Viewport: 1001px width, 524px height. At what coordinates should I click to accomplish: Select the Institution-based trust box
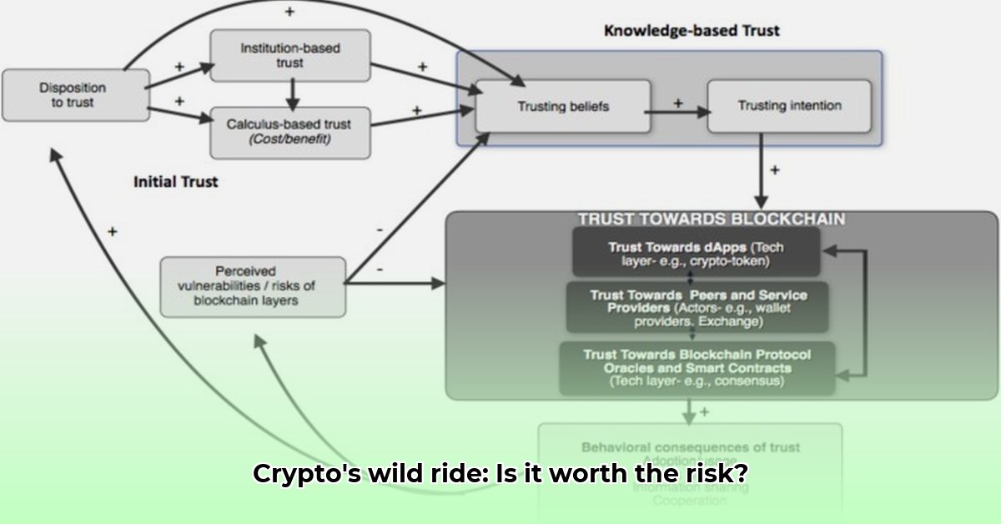[x=289, y=56]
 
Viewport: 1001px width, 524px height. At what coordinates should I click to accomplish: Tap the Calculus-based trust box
[x=289, y=132]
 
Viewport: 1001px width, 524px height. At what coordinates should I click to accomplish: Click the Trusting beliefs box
[x=563, y=107]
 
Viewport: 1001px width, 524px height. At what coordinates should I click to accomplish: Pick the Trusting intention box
[x=788, y=106]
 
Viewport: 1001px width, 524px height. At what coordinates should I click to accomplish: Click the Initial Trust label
[x=175, y=181]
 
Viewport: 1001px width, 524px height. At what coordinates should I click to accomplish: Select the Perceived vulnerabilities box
[x=252, y=286]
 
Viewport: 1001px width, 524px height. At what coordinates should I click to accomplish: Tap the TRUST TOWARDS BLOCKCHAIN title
[x=710, y=219]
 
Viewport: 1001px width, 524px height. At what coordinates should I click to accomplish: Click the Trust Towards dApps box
[x=695, y=253]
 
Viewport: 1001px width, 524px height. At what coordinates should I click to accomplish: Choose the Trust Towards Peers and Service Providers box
[x=697, y=308]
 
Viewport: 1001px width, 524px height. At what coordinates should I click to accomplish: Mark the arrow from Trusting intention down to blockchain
[x=761, y=175]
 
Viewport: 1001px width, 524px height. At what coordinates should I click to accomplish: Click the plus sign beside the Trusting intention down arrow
[x=775, y=169]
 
